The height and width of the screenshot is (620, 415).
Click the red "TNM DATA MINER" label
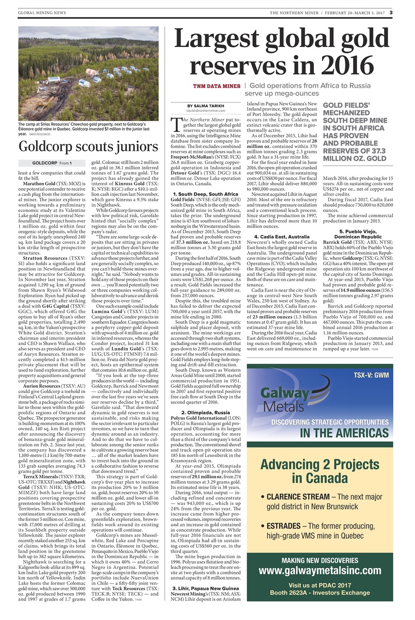[x=216, y=86]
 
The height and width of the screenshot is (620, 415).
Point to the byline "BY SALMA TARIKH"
[x=206, y=106]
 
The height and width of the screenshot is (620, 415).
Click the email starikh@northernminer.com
[x=206, y=111]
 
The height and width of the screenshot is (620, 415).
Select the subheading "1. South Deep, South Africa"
[x=206, y=193]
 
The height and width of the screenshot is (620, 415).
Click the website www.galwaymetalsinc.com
[x=320, y=571]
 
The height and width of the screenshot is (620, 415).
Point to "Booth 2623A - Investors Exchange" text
[x=320, y=592]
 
